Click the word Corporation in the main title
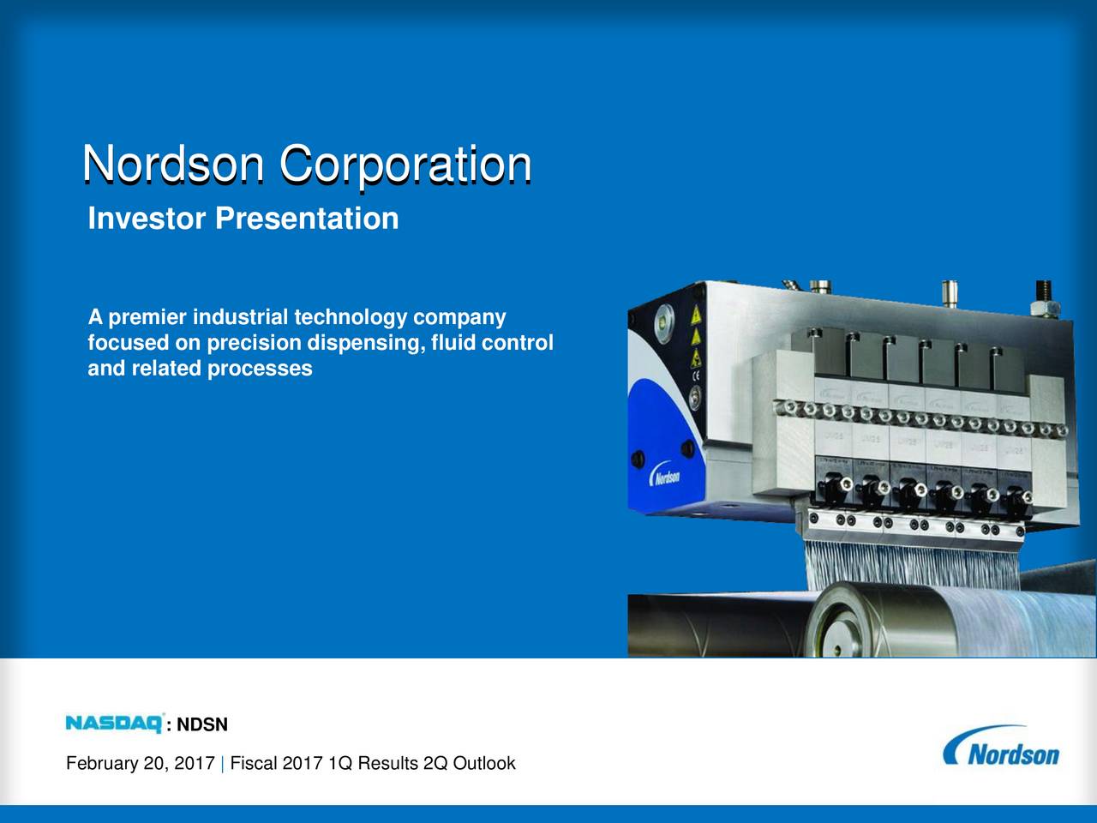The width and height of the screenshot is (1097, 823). pyautogui.click(x=405, y=164)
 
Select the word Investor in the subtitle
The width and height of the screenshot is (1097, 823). pyautogui.click(x=147, y=219)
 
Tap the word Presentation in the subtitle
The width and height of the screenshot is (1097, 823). pyautogui.click(x=307, y=219)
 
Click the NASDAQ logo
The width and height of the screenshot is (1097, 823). pyautogui.click(x=115, y=724)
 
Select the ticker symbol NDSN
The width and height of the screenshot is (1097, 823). pyautogui.click(x=202, y=725)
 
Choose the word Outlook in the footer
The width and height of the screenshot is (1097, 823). pyautogui.click(x=483, y=763)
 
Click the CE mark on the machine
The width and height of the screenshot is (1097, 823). pyautogui.click(x=696, y=375)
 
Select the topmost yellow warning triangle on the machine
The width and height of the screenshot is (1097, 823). pyautogui.click(x=697, y=315)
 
